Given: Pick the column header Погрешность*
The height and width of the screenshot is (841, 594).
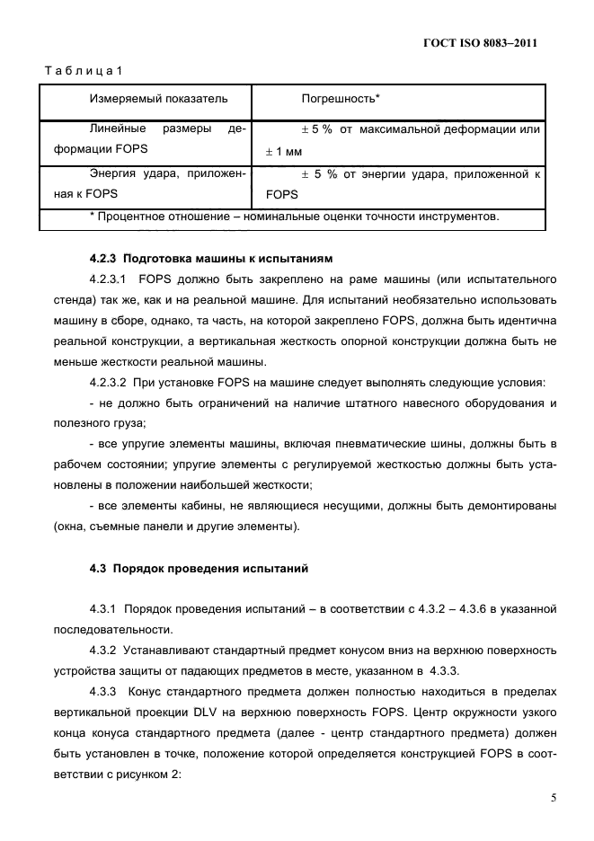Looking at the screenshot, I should (x=341, y=97).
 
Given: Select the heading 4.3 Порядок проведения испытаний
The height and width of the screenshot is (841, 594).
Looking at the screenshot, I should (x=199, y=568).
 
